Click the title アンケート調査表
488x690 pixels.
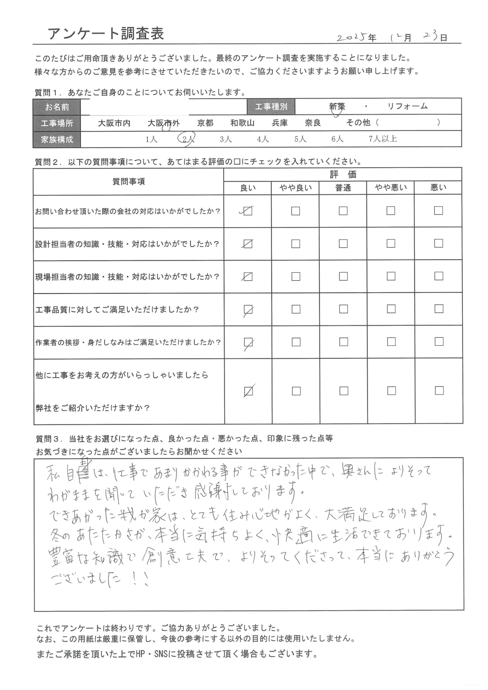click(x=106, y=34)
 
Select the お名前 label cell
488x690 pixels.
click(x=57, y=107)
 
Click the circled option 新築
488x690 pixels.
click(x=337, y=107)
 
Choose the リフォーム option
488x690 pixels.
click(x=407, y=106)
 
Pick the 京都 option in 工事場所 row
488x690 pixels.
click(x=205, y=123)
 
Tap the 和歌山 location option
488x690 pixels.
click(x=242, y=123)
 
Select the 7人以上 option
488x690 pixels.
click(x=383, y=139)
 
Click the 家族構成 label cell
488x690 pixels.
click(x=57, y=139)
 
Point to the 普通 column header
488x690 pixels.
click(x=343, y=188)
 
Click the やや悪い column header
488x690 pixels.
click(x=391, y=188)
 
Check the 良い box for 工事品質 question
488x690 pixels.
click(x=248, y=309)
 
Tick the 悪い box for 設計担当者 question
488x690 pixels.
click(x=438, y=243)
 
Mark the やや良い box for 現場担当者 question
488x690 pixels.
click(x=296, y=277)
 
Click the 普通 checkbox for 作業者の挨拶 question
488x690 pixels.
click(x=344, y=342)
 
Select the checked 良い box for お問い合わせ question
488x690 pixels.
click(x=248, y=211)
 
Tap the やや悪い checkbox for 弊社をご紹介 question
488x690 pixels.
click(x=391, y=391)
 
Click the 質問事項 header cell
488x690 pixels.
click(x=128, y=181)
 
